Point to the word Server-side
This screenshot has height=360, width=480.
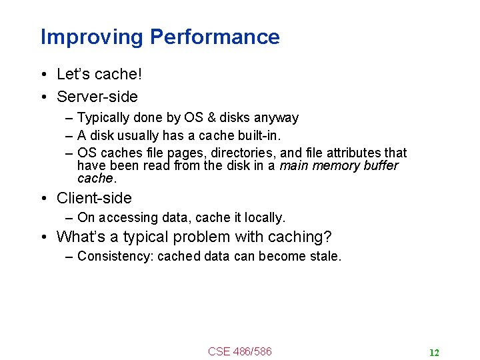(x=97, y=97)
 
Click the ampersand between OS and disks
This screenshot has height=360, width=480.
(x=212, y=118)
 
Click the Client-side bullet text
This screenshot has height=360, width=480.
(x=94, y=198)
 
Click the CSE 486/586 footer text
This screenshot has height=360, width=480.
(x=240, y=351)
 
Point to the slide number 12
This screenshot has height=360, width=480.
(x=434, y=353)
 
